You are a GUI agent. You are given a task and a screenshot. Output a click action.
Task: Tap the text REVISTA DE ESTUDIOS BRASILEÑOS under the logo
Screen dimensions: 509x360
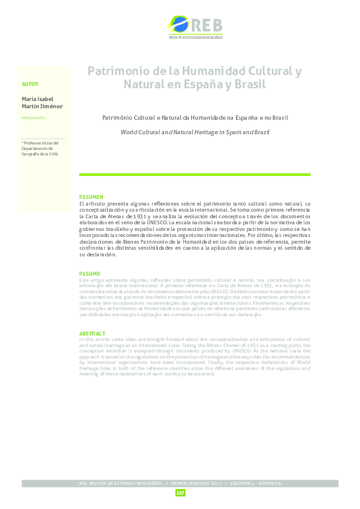pos(195,37)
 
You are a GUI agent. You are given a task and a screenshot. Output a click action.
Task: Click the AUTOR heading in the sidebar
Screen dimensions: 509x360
pos(30,84)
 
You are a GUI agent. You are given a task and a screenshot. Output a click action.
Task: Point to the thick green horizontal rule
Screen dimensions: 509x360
pos(195,175)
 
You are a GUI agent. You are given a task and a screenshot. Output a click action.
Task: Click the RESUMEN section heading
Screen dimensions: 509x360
pos(91,198)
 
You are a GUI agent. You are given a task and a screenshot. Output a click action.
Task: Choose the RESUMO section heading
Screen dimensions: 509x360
pos(90,274)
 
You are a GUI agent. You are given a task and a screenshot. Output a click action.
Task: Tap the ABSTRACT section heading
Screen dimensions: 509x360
pos(93,334)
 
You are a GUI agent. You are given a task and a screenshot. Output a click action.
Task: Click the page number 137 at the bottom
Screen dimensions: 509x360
pos(180,493)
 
